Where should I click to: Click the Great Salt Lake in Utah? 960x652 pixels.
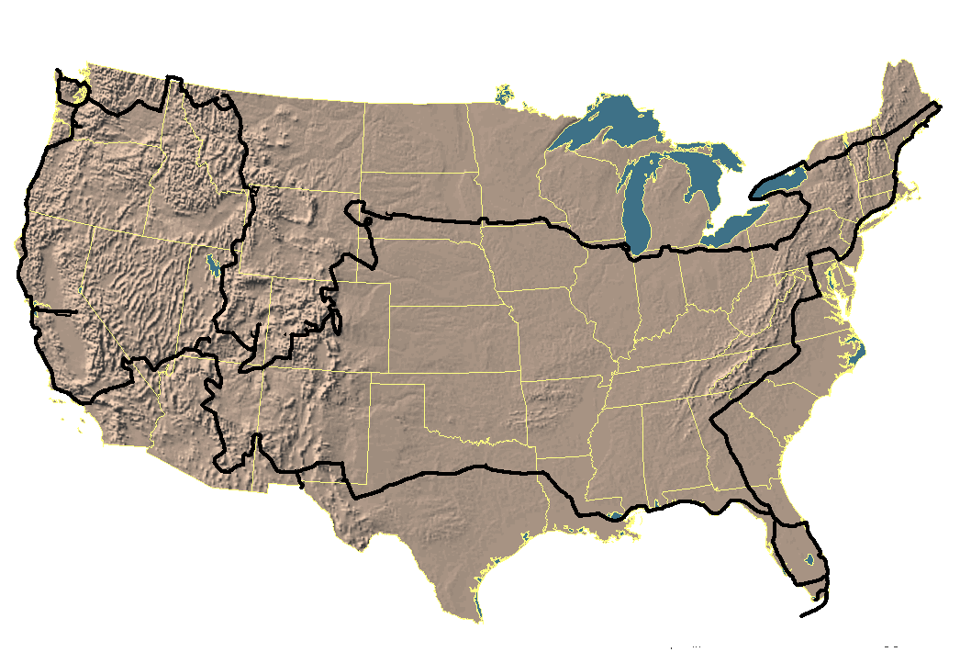[x=213, y=264]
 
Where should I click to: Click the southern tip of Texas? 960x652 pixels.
[x=478, y=620]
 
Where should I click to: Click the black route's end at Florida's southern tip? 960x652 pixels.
[x=803, y=615]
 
